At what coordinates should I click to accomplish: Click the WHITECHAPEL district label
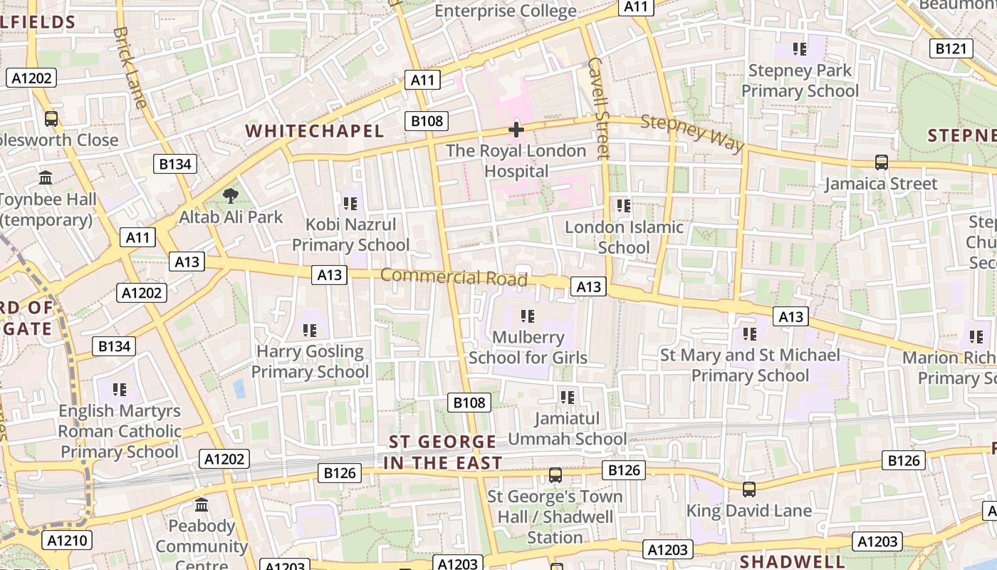click(x=315, y=131)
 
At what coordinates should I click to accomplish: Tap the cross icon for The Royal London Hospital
click(x=516, y=130)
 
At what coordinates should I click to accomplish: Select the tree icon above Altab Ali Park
click(x=230, y=195)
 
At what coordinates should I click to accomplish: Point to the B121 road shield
click(x=951, y=48)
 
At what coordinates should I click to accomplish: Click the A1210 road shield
click(x=68, y=540)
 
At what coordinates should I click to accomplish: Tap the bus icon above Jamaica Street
click(x=882, y=162)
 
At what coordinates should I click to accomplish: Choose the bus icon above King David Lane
click(x=749, y=489)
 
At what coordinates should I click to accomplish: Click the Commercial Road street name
click(x=454, y=276)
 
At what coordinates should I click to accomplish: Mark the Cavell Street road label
click(x=600, y=107)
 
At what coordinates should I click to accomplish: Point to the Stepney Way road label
click(x=692, y=133)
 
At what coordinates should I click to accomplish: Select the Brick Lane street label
click(x=130, y=67)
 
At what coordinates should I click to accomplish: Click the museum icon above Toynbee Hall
click(x=46, y=177)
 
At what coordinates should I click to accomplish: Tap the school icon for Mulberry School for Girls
click(x=528, y=316)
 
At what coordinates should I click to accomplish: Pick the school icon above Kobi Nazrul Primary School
click(x=350, y=204)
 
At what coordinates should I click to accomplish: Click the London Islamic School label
click(x=624, y=237)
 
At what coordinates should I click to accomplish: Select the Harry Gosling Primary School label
click(x=310, y=361)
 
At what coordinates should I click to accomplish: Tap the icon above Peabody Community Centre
click(x=202, y=504)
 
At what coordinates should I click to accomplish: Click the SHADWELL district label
click(x=792, y=561)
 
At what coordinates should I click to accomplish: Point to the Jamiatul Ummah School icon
click(x=568, y=397)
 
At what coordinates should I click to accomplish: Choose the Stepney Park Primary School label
click(x=800, y=81)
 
